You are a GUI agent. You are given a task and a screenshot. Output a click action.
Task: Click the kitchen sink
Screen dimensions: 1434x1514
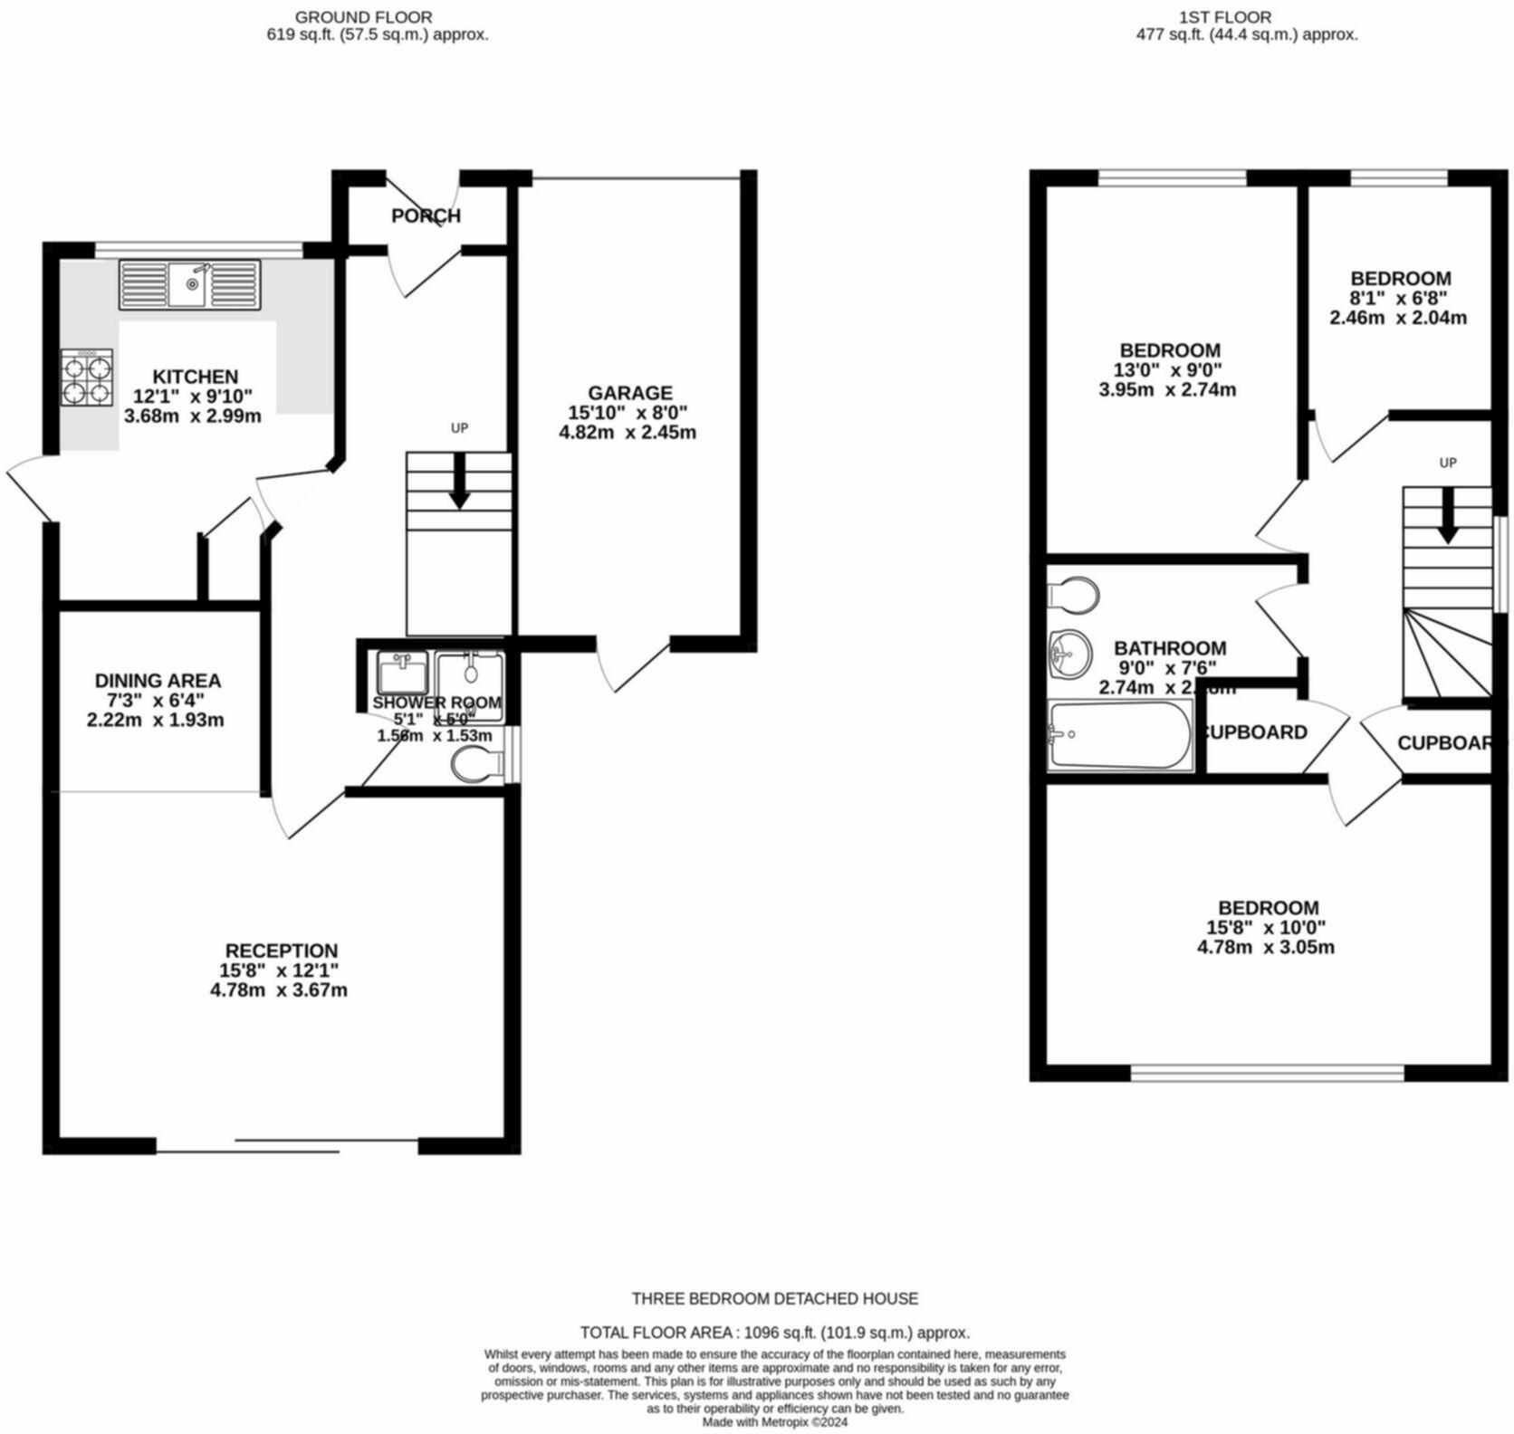[x=189, y=284]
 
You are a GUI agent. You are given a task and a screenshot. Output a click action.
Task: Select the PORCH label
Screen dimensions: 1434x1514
[x=426, y=215]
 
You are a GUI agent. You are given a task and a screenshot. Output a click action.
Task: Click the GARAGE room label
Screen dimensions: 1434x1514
[x=629, y=393]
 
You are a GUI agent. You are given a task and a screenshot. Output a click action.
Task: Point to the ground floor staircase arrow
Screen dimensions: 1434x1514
[x=459, y=480]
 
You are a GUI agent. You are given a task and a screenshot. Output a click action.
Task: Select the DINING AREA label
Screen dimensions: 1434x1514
[x=158, y=680]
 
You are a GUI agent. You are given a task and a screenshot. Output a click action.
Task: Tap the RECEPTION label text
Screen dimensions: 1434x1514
[x=281, y=951]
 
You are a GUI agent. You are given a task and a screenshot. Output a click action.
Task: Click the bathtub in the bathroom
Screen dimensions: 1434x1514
[x=1119, y=735]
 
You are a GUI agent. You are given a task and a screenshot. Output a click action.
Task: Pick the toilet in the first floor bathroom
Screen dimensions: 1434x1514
[x=1075, y=596]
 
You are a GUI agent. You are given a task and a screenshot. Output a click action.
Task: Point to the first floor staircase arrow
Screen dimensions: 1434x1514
[x=1447, y=515]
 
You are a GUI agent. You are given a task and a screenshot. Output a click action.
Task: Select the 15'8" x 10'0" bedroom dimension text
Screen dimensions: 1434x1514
[x=1265, y=927]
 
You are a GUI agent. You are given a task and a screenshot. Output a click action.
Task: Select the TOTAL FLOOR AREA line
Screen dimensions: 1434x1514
[x=774, y=1332]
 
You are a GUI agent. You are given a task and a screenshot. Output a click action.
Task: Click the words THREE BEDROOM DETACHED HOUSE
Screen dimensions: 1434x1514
[x=774, y=1298]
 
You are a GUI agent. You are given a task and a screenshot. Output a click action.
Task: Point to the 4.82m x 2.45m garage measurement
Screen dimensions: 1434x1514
[x=628, y=432]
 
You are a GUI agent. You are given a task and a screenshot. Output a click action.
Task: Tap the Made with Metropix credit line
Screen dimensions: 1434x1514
[x=774, y=1422]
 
